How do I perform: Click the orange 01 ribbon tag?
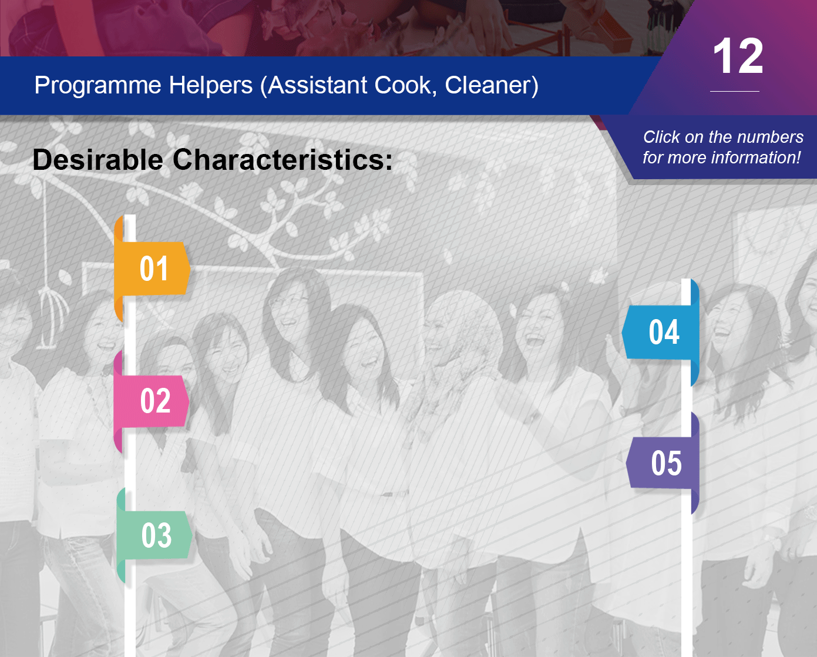click(x=152, y=269)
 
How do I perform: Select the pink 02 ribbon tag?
click(x=152, y=401)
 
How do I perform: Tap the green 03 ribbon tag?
click(x=154, y=535)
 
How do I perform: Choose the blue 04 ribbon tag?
click(x=661, y=332)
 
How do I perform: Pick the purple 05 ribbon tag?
click(x=663, y=463)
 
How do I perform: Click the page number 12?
click(x=738, y=56)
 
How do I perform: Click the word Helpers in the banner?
click(x=210, y=86)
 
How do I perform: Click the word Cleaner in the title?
click(x=491, y=86)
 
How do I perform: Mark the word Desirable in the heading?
click(x=98, y=160)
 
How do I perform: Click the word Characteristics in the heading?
click(x=283, y=160)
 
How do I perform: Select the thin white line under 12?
click(x=735, y=91)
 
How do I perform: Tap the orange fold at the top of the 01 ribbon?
click(x=119, y=229)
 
